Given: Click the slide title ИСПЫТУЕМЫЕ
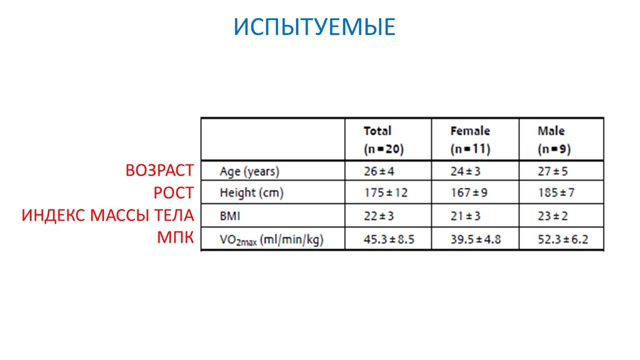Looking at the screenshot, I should click(315, 27).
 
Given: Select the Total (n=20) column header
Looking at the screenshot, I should click(383, 140).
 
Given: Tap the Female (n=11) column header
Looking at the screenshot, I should click(470, 140).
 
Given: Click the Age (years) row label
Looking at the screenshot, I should click(250, 172).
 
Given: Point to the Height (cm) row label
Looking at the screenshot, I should click(251, 193).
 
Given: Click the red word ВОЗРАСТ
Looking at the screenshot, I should click(159, 171).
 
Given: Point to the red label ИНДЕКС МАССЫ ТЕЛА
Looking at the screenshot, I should click(107, 216).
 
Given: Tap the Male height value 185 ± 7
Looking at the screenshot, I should click(556, 193).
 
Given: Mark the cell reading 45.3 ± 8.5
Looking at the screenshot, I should click(389, 240).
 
